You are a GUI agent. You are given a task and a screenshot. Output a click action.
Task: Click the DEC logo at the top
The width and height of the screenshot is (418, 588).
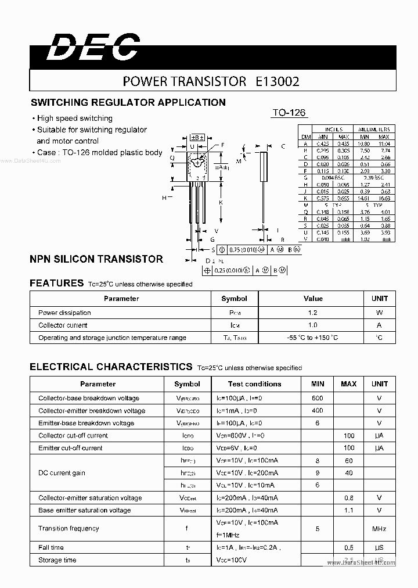click(93, 47)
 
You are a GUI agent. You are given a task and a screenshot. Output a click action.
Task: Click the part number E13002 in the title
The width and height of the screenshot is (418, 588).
click(277, 82)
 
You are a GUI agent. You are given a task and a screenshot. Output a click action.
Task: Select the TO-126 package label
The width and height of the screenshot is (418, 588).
click(289, 113)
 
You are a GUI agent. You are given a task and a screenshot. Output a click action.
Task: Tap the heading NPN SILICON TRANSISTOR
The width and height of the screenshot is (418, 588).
click(96, 259)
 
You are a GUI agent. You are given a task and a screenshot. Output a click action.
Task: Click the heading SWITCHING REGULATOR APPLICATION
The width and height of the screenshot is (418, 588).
click(128, 102)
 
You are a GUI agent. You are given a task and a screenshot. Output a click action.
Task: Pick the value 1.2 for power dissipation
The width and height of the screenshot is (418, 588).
click(313, 313)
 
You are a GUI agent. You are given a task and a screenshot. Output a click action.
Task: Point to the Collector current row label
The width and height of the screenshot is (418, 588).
click(63, 325)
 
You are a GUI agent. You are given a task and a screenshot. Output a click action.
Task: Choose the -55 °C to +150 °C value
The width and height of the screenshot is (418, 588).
click(313, 338)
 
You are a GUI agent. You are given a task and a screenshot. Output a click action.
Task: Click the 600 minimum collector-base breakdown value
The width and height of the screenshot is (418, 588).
click(318, 398)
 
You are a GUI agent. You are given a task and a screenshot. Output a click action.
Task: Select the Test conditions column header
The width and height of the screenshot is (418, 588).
click(254, 384)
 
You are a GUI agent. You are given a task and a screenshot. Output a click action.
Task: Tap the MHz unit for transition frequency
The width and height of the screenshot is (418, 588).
click(379, 529)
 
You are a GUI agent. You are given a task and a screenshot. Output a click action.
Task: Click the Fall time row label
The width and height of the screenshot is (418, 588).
click(51, 547)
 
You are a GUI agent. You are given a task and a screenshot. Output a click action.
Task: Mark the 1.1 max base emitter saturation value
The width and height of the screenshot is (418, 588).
click(348, 510)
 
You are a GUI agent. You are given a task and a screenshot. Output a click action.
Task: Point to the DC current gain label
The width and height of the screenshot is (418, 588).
click(62, 473)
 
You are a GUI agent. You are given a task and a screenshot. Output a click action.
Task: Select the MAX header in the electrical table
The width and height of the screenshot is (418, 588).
click(348, 384)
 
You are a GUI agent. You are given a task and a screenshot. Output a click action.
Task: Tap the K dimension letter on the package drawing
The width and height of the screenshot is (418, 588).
click(221, 202)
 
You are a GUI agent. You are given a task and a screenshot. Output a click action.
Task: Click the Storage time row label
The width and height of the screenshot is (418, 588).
click(57, 560)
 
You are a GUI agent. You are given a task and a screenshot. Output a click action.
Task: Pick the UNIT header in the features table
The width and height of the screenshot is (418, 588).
click(380, 299)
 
